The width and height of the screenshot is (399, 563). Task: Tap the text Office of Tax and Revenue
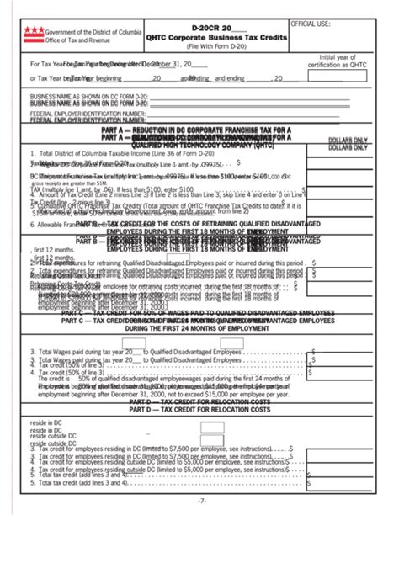tap(77, 39)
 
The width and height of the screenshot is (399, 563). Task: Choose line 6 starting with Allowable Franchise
tap(59, 225)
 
